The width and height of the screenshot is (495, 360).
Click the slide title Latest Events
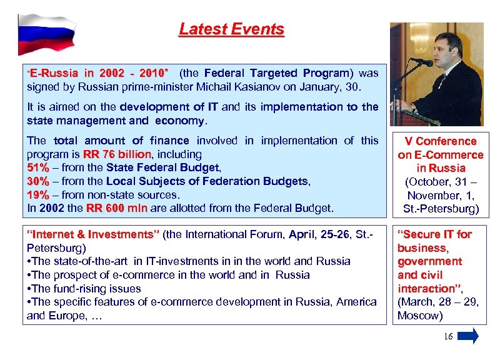point(231,29)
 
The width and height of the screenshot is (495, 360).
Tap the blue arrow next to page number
point(468,336)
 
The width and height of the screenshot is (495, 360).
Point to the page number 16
point(447,337)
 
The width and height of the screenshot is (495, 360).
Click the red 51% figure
point(38,167)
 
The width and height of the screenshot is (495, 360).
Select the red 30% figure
point(38,181)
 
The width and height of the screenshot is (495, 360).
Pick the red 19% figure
point(38,194)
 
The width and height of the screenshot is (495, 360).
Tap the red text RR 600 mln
point(116,207)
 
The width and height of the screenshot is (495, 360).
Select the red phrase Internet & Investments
point(93,234)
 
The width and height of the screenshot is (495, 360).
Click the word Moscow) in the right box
point(420,316)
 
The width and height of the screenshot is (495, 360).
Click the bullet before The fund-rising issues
point(29,289)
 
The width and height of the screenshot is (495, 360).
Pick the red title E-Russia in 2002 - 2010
point(99,73)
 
